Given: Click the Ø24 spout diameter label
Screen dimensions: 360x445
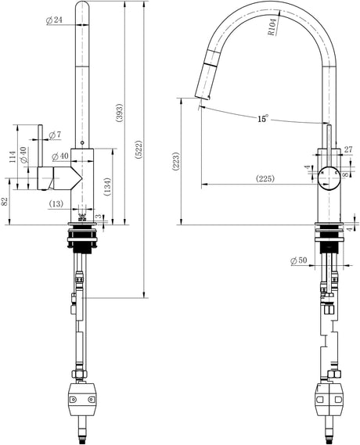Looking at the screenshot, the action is pos(54,20).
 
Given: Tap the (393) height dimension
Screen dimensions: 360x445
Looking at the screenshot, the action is pos(120,113).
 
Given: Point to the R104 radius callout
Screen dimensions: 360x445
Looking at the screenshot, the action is pos(272,27).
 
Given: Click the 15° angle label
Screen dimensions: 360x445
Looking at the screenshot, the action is pos(263,119).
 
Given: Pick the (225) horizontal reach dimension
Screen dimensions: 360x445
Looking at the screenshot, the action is pos(265,178).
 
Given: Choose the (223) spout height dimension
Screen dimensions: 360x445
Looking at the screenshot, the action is pos(176,162).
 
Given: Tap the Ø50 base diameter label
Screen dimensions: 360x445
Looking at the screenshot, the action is pos(299,260).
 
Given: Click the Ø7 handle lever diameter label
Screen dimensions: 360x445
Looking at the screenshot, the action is pos(55,135).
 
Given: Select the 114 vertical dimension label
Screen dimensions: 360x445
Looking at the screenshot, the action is pos(13,156).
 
